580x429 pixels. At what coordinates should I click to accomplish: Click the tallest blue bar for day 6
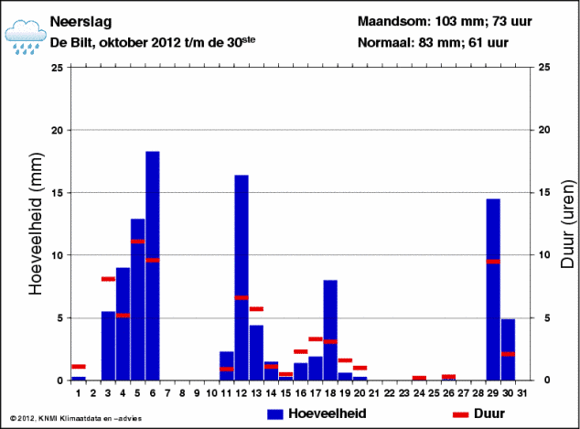(x=153, y=265)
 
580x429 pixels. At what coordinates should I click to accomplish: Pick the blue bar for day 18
(x=330, y=329)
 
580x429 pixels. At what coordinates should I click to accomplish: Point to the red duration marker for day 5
(x=137, y=241)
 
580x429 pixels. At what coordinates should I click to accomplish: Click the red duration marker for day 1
(x=79, y=367)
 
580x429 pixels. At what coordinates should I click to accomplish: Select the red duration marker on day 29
(x=493, y=262)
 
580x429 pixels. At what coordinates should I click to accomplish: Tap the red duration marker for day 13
(x=256, y=309)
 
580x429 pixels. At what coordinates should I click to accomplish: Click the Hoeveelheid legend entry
(x=317, y=414)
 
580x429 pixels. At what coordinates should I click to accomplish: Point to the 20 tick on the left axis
(x=57, y=130)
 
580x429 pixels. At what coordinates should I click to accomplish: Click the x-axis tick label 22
(x=390, y=392)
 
